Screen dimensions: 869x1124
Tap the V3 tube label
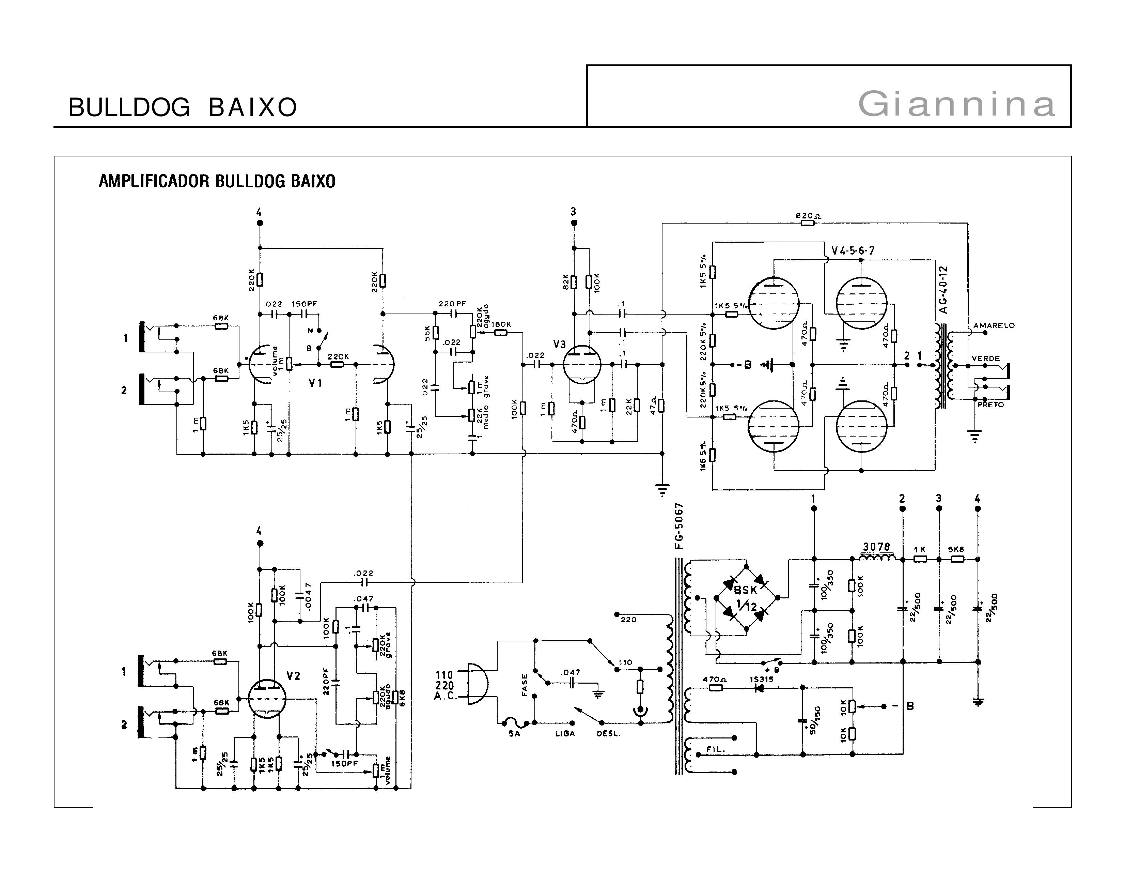pos(559,345)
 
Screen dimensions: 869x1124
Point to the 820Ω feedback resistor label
pos(808,216)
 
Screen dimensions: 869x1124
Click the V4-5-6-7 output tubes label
pos(853,251)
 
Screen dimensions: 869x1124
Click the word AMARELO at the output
pos(994,325)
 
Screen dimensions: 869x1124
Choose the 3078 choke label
pos(876,547)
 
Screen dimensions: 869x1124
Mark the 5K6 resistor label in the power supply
pos(956,549)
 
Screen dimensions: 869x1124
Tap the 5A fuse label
pos(514,734)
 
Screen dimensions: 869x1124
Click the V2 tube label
pos(293,676)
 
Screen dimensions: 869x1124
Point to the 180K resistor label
pos(501,324)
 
